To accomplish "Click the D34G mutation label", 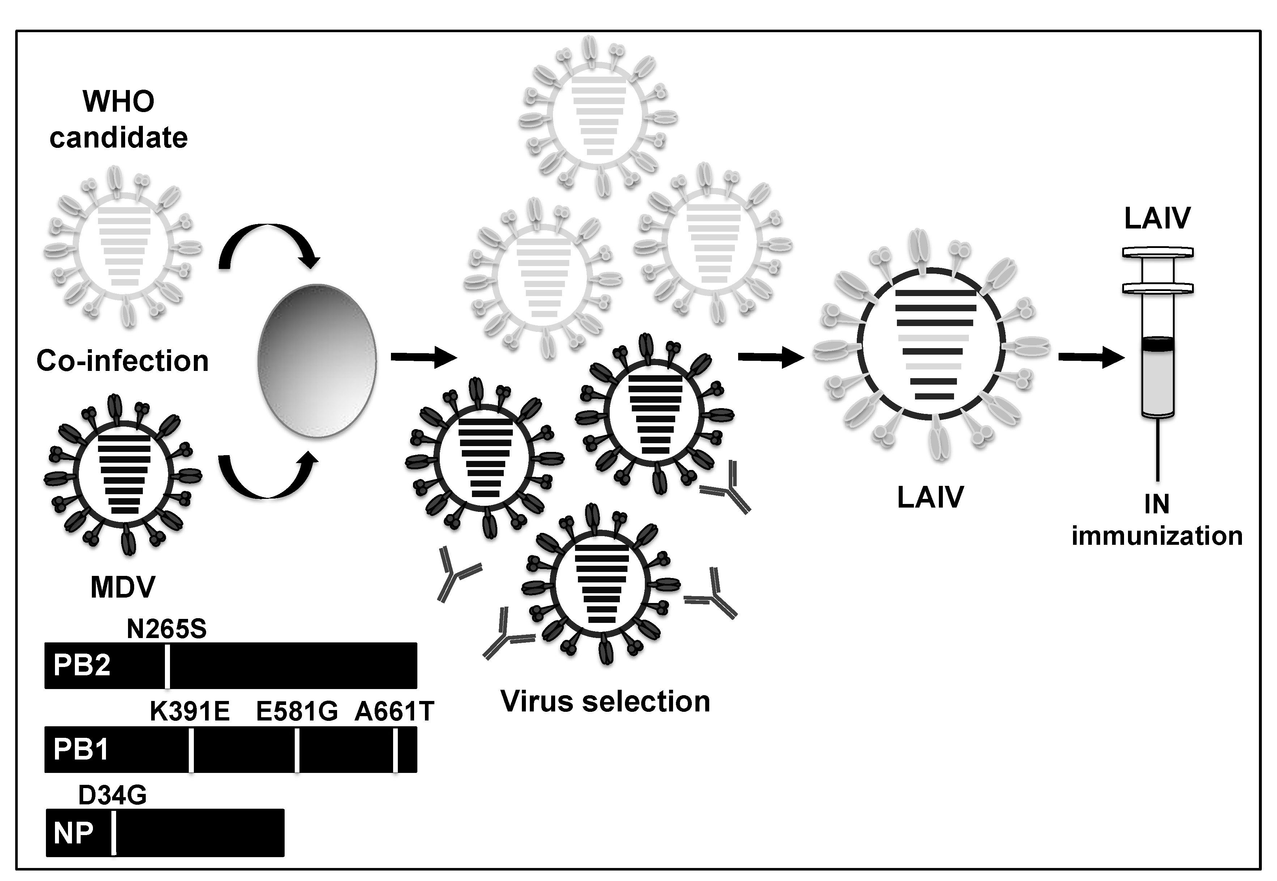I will tap(112, 795).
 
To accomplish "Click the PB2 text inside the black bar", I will tap(82, 666).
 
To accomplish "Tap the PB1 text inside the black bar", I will tap(81, 750).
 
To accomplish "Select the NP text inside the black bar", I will tap(73, 833).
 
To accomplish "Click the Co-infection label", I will tap(123, 362).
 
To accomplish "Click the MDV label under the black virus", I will tap(123, 587).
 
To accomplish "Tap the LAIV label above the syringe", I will tap(1157, 218).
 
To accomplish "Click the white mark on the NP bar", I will tap(114, 833).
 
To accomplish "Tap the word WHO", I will tap(119, 102).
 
